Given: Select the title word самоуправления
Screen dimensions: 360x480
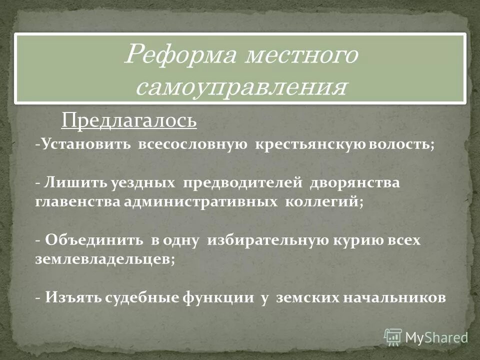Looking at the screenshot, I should coord(240,88).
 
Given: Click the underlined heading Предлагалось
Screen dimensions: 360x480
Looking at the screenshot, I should coord(129,120).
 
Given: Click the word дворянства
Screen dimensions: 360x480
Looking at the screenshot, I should coord(355,183).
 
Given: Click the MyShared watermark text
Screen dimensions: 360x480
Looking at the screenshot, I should coord(435,337).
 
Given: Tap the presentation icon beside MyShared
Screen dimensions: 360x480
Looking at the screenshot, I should coord(393,336).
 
